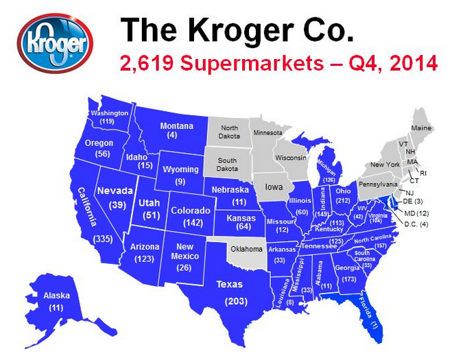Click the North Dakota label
229,132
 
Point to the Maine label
421,128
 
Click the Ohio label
344,191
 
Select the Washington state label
109,112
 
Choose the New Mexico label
183,251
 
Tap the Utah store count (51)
148,215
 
